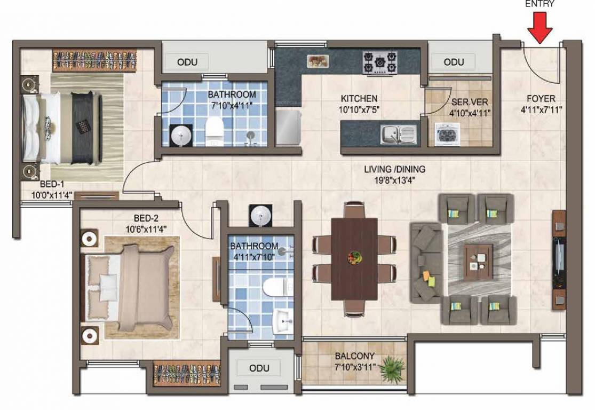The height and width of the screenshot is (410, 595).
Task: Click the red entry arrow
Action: click(540, 27)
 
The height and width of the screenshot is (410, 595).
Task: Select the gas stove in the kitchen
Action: click(380, 62)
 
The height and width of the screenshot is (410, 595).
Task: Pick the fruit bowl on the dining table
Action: click(354, 257)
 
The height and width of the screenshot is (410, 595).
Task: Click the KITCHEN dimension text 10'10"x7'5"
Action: click(359, 110)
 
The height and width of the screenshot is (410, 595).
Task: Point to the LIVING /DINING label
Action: click(395, 169)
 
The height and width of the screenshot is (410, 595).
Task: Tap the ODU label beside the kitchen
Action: click(454, 62)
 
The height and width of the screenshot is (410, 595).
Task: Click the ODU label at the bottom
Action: click(259, 368)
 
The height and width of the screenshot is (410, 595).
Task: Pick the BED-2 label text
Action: click(146, 218)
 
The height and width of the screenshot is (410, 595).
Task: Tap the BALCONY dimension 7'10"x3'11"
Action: click(355, 367)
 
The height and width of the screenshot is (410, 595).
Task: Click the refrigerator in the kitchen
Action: click(289, 127)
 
